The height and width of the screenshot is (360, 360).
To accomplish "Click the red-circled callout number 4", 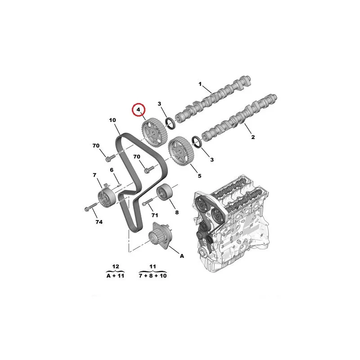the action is (x=139, y=110).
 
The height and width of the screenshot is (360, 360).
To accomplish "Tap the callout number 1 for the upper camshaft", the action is (x=200, y=84).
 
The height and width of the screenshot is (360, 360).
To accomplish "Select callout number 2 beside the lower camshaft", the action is (x=253, y=137).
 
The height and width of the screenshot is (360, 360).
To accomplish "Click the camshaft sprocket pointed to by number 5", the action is (x=179, y=152).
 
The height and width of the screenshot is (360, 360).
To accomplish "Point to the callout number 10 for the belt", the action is (x=112, y=120).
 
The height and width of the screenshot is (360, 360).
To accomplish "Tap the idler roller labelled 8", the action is (x=164, y=192).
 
